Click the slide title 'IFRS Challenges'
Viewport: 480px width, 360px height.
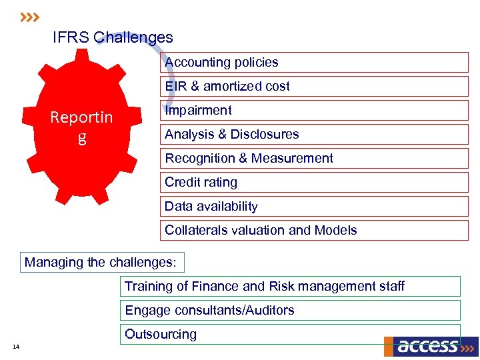[113, 38]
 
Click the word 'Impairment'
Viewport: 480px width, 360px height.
[198, 111]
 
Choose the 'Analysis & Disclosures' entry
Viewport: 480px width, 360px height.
[231, 135]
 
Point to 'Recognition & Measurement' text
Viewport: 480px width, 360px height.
[249, 159]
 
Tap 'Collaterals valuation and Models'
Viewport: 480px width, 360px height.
[261, 231]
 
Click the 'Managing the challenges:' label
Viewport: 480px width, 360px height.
[101, 263]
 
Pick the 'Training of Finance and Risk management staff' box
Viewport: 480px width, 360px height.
[265, 287]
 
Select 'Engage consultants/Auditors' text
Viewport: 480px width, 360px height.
[209, 311]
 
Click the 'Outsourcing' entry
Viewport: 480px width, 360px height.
[161, 335]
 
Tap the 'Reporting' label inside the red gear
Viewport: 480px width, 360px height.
[82, 127]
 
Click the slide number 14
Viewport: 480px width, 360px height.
[16, 346]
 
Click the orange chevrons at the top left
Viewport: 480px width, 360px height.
[30, 16]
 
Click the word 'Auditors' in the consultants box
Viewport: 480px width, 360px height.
[270, 311]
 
